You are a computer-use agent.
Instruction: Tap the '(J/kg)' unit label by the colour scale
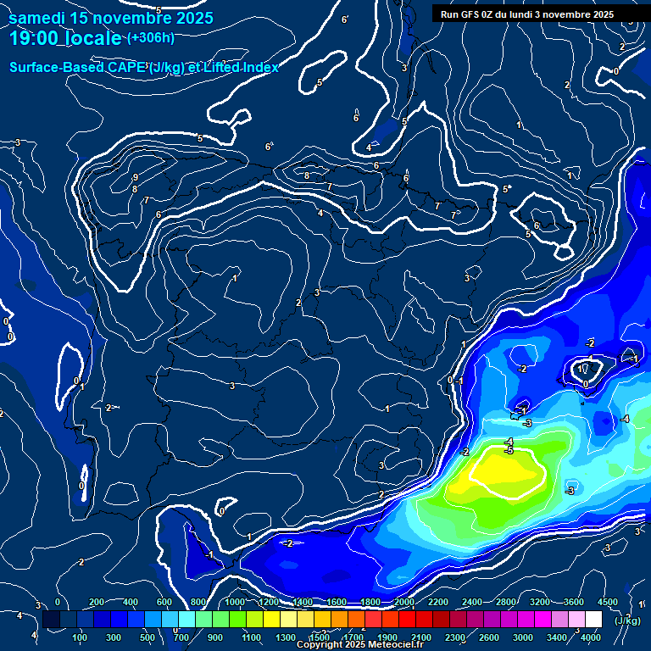[x=627, y=620]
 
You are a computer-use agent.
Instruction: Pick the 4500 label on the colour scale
[x=608, y=602]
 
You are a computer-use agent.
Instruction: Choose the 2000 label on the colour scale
[x=404, y=602]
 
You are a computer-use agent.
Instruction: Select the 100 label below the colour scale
[x=81, y=637]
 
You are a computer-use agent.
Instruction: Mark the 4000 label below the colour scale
[x=591, y=637]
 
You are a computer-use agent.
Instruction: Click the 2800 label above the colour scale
[x=506, y=602]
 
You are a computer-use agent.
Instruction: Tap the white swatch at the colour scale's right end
[x=593, y=620]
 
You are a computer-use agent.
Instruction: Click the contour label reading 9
[x=136, y=177]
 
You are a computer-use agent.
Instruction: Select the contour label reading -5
[x=509, y=450]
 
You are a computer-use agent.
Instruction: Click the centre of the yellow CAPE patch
[x=507, y=472]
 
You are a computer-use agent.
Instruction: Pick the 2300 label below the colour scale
[x=455, y=637]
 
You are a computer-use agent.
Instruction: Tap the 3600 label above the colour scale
[x=574, y=602]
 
